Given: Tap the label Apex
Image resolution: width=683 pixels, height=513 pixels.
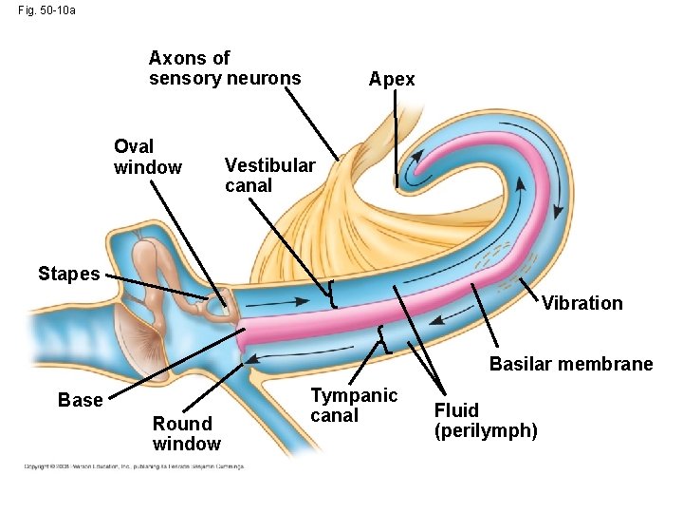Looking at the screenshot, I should [x=392, y=79].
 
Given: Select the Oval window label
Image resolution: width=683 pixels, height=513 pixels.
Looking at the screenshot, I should [x=147, y=157].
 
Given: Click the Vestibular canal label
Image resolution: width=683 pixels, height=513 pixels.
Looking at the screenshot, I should [x=269, y=175].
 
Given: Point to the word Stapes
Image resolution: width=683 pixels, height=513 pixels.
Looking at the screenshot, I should [x=68, y=274].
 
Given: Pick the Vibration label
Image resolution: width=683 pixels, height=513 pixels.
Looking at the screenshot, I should [x=581, y=303].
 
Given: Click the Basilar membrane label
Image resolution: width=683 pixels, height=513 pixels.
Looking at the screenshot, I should [x=570, y=364].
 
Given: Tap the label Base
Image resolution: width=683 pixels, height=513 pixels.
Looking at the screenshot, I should [x=80, y=400].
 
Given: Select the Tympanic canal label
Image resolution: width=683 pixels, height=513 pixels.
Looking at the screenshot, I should [x=354, y=405].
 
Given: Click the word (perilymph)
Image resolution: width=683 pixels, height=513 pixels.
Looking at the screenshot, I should [x=486, y=430].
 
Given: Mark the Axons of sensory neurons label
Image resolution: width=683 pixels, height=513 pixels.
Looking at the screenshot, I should [x=225, y=68].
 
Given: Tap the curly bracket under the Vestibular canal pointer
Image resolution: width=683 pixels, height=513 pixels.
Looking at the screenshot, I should [x=333, y=294].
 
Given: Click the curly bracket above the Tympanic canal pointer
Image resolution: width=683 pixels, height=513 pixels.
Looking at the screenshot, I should [x=381, y=338].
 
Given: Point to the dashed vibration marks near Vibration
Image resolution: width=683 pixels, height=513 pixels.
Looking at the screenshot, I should [x=508, y=266].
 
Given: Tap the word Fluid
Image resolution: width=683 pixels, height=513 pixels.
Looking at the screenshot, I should [x=456, y=410].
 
